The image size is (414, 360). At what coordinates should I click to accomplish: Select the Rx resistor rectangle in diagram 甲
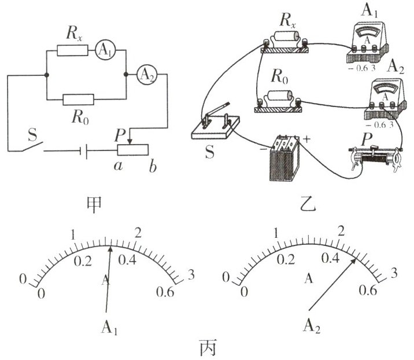[x=72, y=50]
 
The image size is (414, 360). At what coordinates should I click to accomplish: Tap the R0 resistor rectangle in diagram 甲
[x=78, y=100]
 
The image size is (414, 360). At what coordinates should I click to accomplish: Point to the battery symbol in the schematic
[x=84, y=150]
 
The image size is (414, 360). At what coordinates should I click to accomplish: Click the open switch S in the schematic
[x=32, y=146]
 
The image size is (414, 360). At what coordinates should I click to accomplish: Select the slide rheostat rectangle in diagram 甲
[x=133, y=150]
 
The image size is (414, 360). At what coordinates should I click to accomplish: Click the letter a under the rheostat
[x=118, y=166]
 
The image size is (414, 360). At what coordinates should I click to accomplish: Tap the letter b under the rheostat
[x=153, y=167]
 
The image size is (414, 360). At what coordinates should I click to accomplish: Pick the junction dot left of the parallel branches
[x=47, y=75]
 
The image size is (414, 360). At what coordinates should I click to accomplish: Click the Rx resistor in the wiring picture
[x=284, y=42]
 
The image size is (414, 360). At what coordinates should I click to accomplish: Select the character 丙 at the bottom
[x=208, y=347]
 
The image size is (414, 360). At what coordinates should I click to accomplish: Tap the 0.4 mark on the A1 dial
[x=127, y=260]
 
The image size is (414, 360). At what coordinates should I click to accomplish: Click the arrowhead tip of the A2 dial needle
[x=356, y=259]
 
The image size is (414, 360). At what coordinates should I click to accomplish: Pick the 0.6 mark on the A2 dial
[x=368, y=291]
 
